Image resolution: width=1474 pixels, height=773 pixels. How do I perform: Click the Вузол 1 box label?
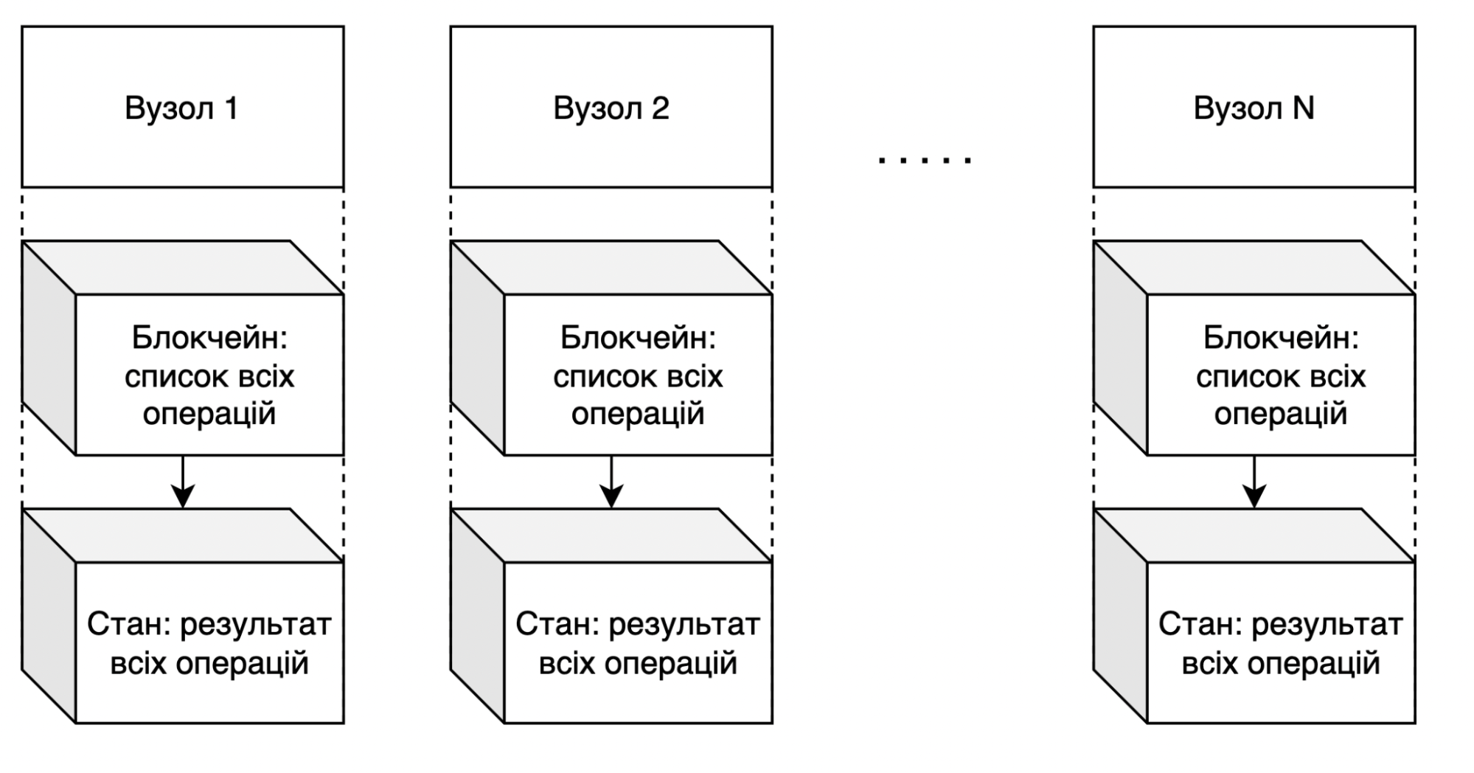(181, 108)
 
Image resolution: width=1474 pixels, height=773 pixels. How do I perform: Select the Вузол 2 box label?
(611, 108)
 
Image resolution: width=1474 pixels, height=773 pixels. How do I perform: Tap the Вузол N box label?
(1254, 108)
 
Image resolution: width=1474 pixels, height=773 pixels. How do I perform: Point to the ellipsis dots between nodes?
(925, 159)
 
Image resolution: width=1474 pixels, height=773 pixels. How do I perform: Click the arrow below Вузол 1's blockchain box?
(183, 483)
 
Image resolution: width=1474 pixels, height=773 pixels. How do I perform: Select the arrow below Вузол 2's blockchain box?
(611, 483)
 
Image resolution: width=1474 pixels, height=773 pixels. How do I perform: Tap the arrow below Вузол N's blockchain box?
(1254, 483)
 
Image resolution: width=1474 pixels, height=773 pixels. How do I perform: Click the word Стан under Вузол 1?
(127, 625)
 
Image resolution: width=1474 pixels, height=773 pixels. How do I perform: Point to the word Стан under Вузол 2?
(555, 625)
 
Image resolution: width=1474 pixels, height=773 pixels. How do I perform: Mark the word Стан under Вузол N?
(1198, 625)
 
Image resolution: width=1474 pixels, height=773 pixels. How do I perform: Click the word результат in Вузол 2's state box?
(684, 625)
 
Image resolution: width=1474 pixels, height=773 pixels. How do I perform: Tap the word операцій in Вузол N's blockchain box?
(1281, 415)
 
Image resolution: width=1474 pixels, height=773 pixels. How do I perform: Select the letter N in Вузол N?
(1303, 108)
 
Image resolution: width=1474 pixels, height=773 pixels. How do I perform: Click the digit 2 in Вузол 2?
(661, 108)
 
